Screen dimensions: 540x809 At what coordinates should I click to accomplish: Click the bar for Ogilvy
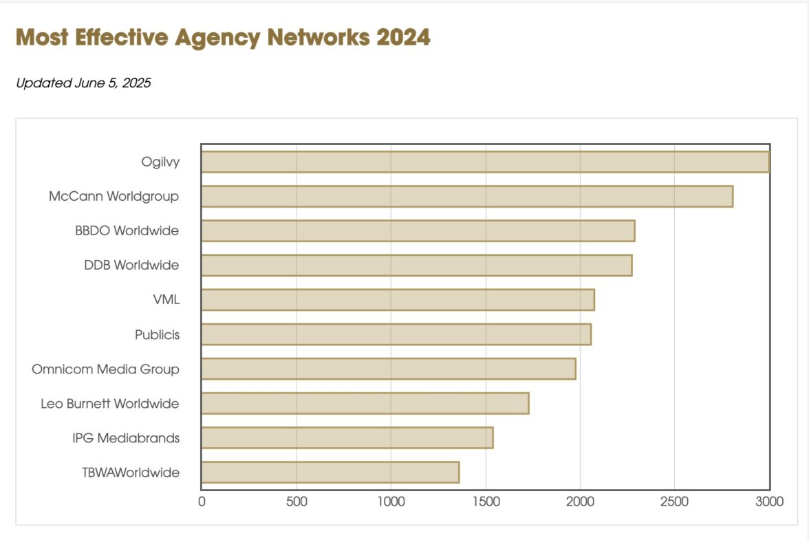pyautogui.click(x=485, y=162)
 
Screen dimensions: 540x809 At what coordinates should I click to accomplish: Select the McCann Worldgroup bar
pyautogui.click(x=467, y=196)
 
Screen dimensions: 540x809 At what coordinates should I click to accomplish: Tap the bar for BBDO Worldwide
pyautogui.click(x=418, y=230)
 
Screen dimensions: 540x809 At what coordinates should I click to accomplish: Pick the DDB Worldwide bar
pyautogui.click(x=416, y=265)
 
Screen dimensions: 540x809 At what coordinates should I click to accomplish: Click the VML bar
pyautogui.click(x=398, y=300)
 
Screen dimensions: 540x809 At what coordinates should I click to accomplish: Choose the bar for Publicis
pyautogui.click(x=396, y=334)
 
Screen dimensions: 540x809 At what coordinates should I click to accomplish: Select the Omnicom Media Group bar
pyautogui.click(x=389, y=369)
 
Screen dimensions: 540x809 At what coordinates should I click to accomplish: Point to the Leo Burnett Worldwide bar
pyautogui.click(x=365, y=403)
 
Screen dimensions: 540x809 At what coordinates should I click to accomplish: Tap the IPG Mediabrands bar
pyautogui.click(x=347, y=438)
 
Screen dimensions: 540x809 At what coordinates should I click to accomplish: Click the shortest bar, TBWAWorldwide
pyautogui.click(x=330, y=473)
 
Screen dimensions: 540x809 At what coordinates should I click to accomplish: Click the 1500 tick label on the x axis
pyautogui.click(x=486, y=502)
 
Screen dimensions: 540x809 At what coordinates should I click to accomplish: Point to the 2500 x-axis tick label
pyautogui.click(x=674, y=502)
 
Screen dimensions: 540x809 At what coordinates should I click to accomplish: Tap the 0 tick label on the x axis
pyautogui.click(x=202, y=502)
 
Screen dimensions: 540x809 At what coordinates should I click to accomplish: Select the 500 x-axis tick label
pyautogui.click(x=296, y=502)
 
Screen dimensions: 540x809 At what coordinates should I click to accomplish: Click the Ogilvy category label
pyautogui.click(x=160, y=162)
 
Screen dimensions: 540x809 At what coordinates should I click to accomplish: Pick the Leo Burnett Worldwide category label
pyautogui.click(x=110, y=403)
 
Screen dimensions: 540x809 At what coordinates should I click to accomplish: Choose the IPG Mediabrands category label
pyautogui.click(x=126, y=438)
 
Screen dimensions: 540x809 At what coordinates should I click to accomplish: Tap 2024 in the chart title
pyautogui.click(x=403, y=37)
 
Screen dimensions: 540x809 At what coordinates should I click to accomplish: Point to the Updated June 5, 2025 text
pyautogui.click(x=83, y=83)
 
